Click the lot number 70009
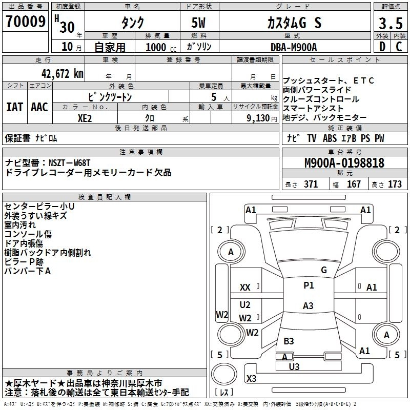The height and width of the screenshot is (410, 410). (25, 22)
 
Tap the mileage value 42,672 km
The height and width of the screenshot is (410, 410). (59, 74)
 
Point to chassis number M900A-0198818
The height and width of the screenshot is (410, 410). (344, 163)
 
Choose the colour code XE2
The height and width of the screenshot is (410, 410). (85, 117)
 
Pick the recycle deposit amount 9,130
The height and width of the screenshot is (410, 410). (258, 117)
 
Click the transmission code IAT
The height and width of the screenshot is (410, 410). (15, 107)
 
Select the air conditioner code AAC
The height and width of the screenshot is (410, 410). (39, 107)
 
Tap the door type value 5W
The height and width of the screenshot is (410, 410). (200, 24)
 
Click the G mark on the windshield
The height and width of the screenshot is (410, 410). (323, 270)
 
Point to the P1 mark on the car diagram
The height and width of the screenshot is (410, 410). (308, 285)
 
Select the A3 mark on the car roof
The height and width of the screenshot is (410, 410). (307, 306)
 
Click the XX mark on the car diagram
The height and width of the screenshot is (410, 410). (245, 288)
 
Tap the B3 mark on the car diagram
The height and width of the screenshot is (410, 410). (289, 341)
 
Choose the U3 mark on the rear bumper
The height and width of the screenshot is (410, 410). (294, 366)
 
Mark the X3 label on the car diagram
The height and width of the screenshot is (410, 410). (251, 378)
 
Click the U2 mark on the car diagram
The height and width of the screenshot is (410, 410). (245, 305)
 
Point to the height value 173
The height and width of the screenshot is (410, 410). (395, 184)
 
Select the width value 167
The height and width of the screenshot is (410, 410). (354, 184)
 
